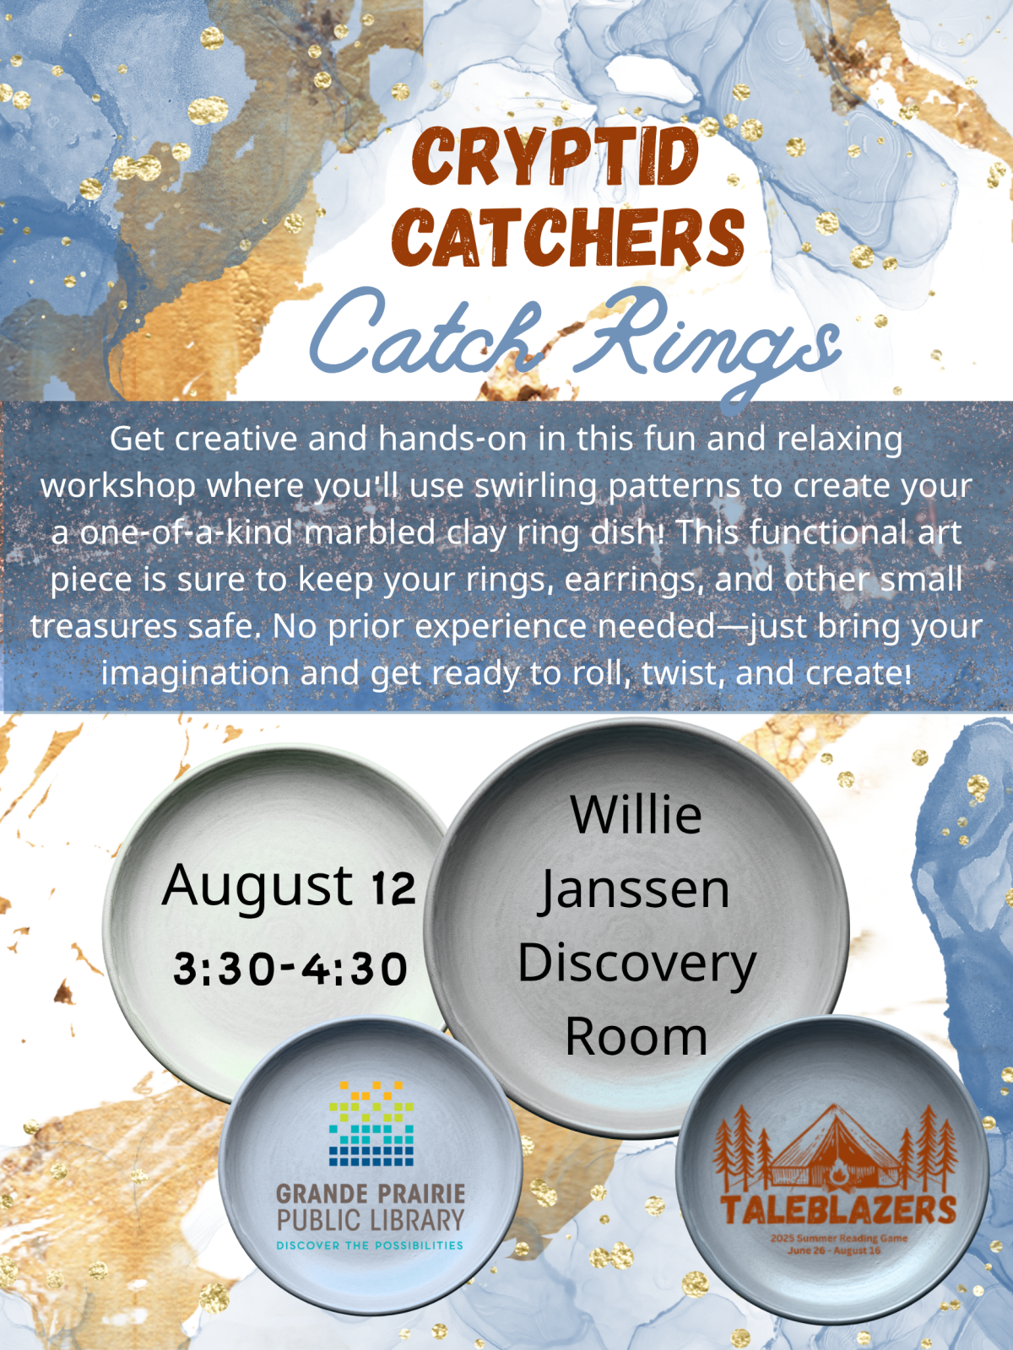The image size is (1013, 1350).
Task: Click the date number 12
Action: click(x=393, y=888)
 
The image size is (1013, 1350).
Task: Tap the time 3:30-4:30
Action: click(x=290, y=969)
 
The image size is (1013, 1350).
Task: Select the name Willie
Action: click(x=636, y=813)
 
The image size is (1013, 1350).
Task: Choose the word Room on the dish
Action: click(x=636, y=1039)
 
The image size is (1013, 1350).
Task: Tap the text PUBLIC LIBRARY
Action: click(x=371, y=1219)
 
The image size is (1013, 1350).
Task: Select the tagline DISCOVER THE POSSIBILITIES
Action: click(x=370, y=1245)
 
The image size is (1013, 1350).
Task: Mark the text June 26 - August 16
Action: click(x=839, y=1250)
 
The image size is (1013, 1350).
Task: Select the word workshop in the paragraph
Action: click(x=117, y=487)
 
